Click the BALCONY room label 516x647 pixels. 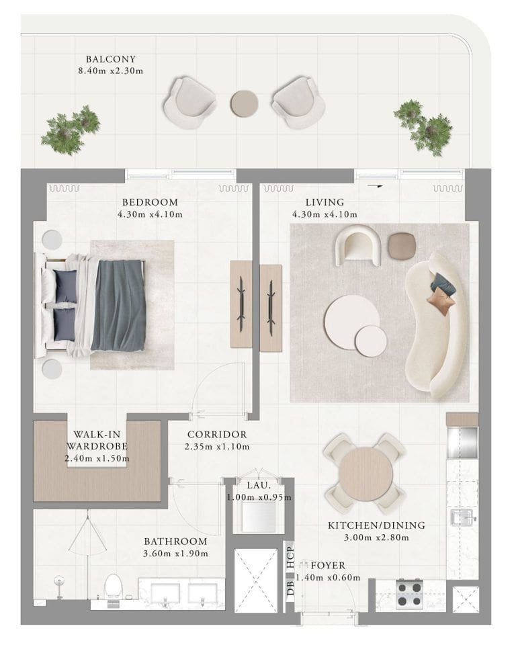[x=111, y=59]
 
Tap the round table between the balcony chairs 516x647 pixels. [x=244, y=103]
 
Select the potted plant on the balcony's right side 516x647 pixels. [x=424, y=126]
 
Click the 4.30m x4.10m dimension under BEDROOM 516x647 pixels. [x=150, y=215]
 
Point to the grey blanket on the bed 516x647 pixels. [x=119, y=305]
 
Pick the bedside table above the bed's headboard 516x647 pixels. [x=52, y=240]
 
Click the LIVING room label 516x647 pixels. [x=325, y=202]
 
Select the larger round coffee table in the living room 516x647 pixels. [x=351, y=321]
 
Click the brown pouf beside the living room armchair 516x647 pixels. [x=402, y=246]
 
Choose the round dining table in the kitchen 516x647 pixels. [x=365, y=473]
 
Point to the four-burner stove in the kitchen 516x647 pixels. [x=409, y=593]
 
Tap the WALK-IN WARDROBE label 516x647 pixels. [x=97, y=440]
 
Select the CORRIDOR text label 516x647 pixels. [x=217, y=435]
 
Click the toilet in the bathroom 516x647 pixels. [x=113, y=586]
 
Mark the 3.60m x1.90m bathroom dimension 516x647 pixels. [x=175, y=554]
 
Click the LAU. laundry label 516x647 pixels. [x=258, y=485]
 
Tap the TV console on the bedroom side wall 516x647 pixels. [x=241, y=304]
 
